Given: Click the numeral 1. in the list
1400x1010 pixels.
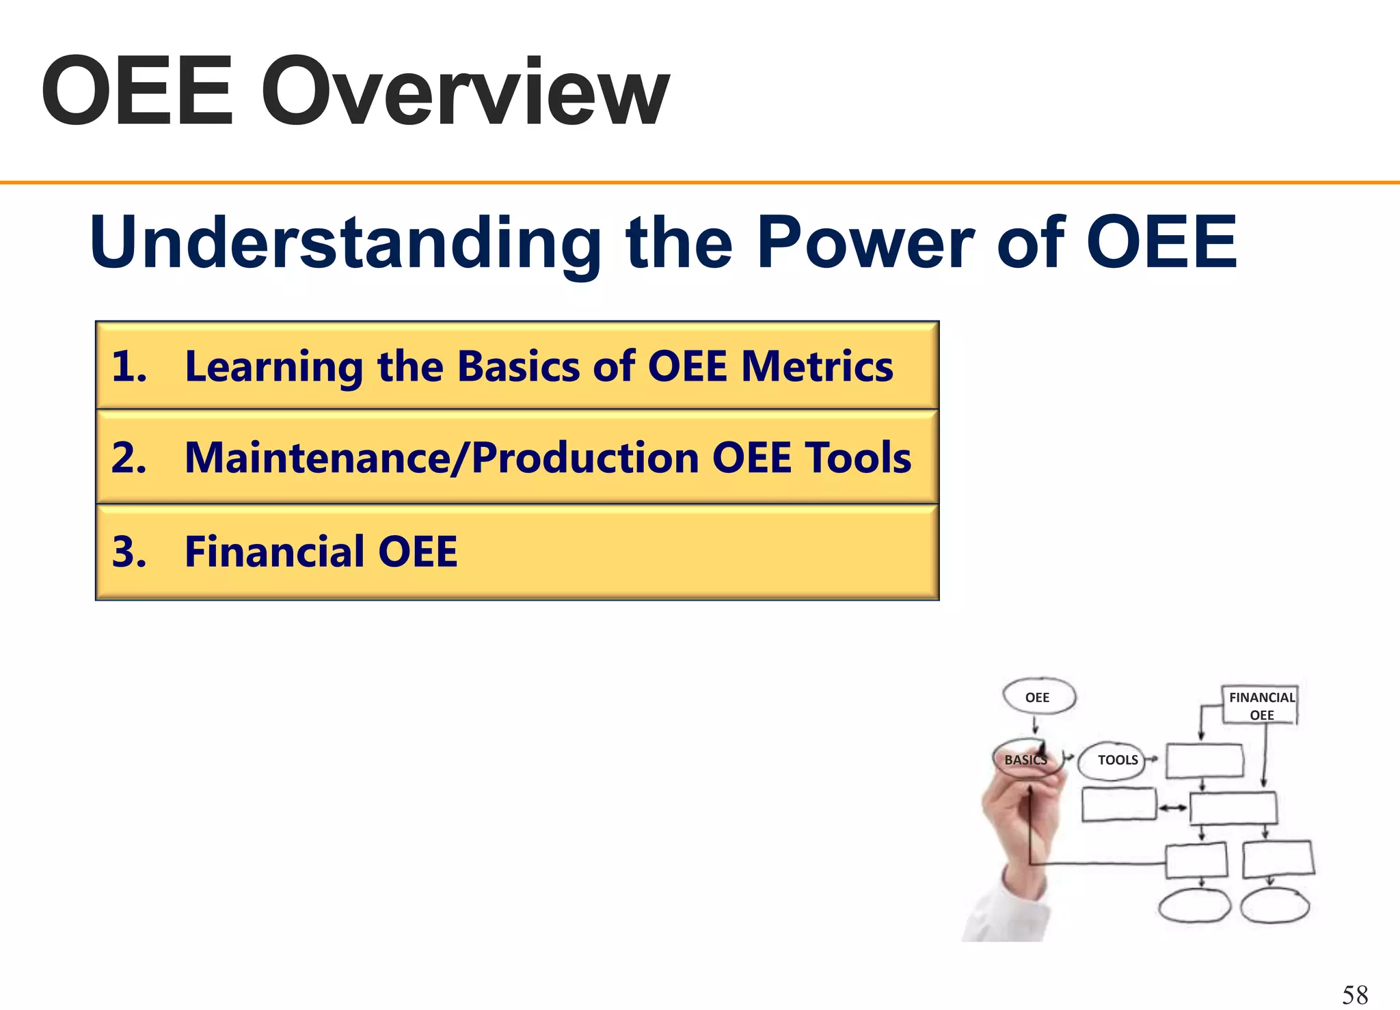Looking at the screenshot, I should tap(129, 366).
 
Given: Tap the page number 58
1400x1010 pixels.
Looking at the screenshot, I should tap(1355, 994).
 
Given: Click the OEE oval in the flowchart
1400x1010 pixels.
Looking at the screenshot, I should tap(1038, 697).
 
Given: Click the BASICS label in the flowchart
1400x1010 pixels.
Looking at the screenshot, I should tap(1025, 760).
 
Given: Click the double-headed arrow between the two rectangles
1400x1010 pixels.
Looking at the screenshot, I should tap(1173, 808).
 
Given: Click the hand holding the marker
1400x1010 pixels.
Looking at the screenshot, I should tap(1019, 827).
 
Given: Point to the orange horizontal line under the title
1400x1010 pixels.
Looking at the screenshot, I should tap(700, 182).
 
